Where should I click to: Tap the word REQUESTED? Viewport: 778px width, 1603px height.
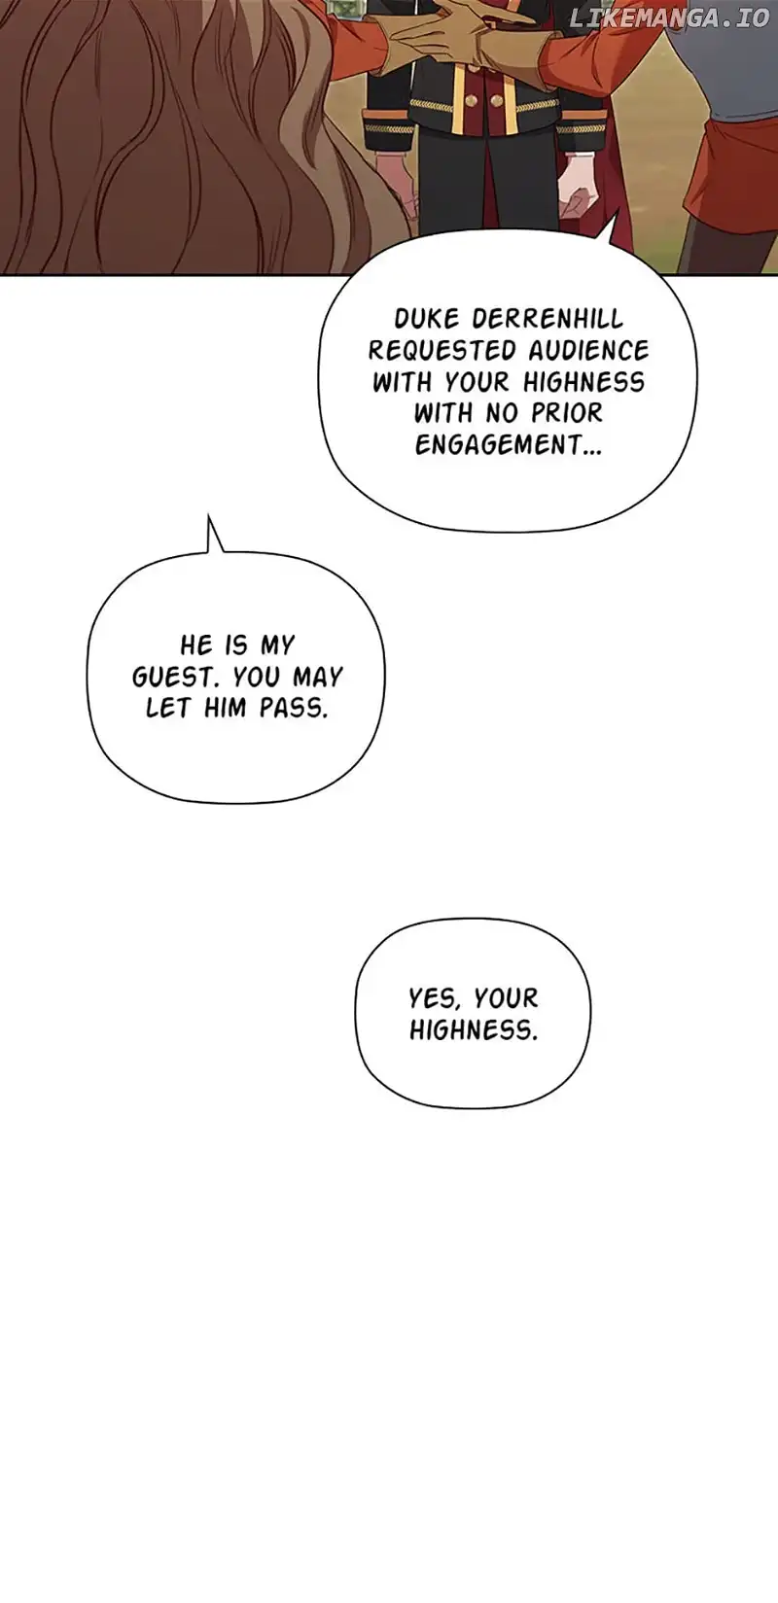442,350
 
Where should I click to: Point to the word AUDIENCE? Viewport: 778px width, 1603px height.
588,350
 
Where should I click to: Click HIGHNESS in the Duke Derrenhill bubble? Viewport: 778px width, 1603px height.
583,381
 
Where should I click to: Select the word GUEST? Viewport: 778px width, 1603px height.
176,677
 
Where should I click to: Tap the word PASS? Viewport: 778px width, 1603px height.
294,708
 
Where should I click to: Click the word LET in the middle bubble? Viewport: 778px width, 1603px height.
166,708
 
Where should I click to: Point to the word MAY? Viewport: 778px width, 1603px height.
318,677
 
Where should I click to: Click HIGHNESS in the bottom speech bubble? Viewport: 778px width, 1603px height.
473,1030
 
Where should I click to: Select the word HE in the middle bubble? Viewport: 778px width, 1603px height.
196,645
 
